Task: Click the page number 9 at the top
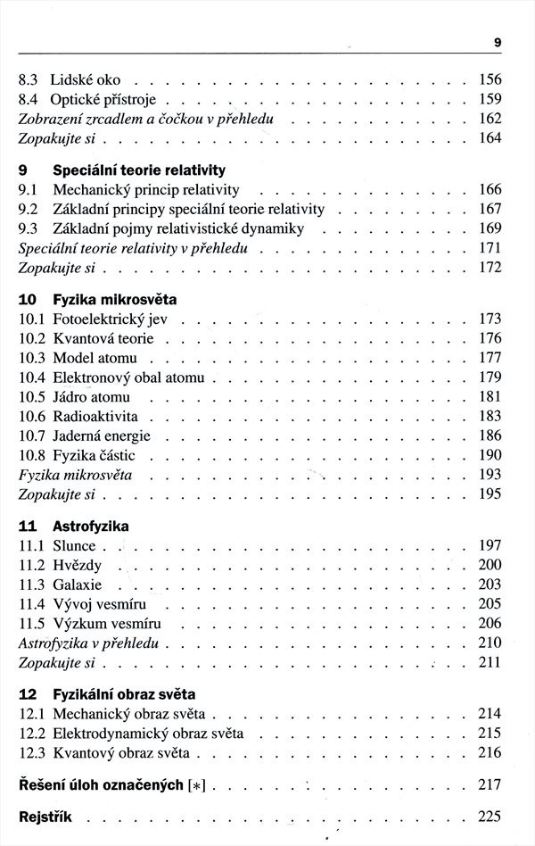497,41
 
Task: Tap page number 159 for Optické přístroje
490,98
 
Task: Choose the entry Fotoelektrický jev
116,319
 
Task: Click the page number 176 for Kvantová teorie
490,338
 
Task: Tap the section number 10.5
32,397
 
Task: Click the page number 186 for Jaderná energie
490,436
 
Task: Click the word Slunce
74,545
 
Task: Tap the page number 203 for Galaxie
490,585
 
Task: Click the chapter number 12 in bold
28,693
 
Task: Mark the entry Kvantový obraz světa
121,752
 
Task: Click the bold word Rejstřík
44,817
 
